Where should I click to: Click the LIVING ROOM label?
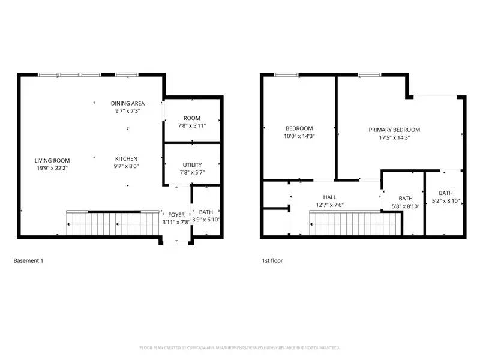point(52,160)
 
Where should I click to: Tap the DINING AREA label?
point(127,103)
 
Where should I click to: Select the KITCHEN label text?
point(127,159)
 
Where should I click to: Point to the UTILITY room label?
point(192,165)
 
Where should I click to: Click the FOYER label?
point(176,214)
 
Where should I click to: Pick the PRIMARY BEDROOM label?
point(394,130)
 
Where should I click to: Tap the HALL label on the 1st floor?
point(329,197)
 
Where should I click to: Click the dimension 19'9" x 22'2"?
point(52,168)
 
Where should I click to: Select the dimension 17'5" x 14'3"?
point(394,137)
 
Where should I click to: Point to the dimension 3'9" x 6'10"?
point(206,220)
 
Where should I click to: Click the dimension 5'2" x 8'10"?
point(445,201)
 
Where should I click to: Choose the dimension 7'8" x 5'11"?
point(192,126)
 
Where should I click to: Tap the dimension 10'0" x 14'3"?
point(299,136)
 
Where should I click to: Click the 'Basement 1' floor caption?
point(28,261)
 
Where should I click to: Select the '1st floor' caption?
point(272,261)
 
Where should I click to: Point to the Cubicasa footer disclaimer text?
point(240,347)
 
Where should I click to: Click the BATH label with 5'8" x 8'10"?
point(406,199)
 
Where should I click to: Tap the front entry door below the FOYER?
point(176,242)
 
